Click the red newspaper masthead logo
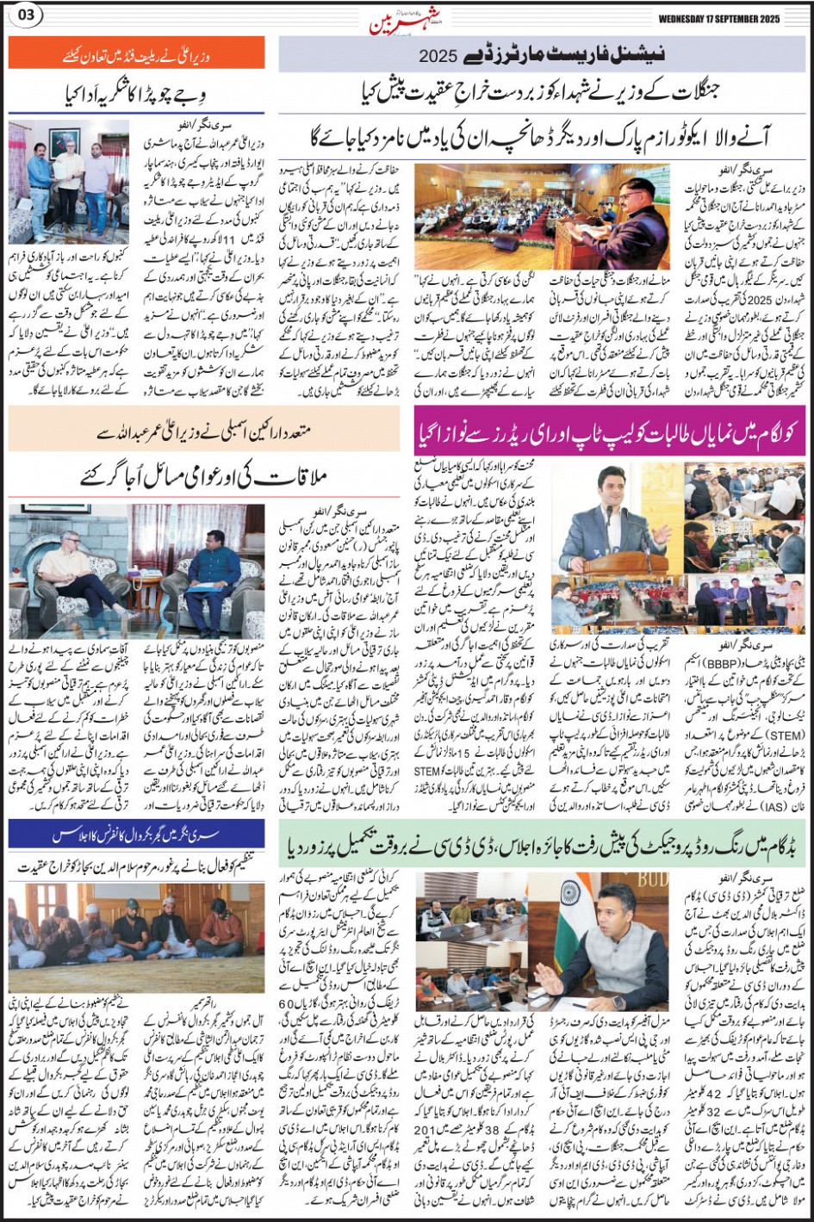click(x=393, y=22)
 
